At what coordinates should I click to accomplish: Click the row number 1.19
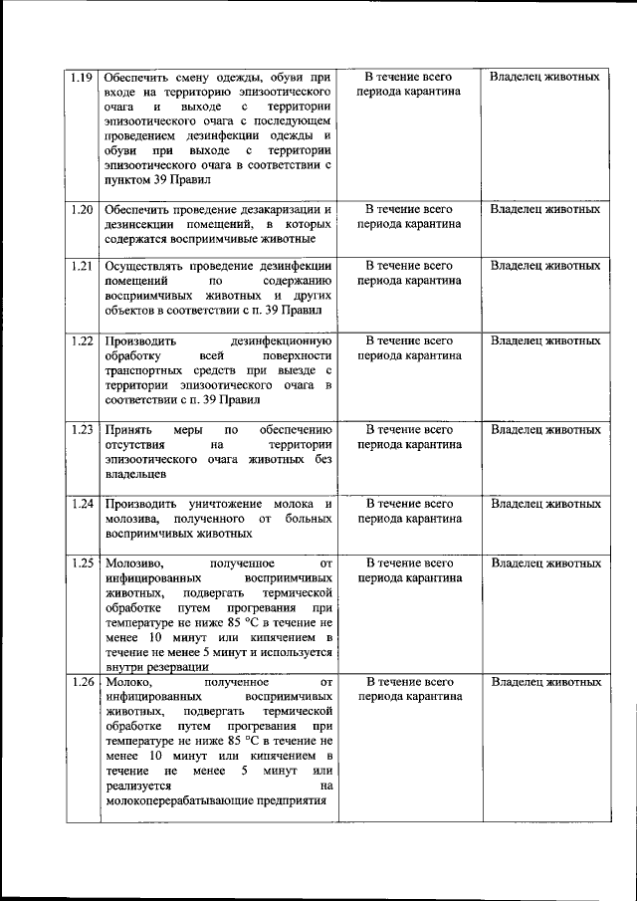(x=83, y=77)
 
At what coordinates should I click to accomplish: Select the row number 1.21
(x=83, y=266)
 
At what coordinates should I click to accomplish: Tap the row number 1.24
(x=83, y=504)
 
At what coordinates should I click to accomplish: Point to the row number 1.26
(x=83, y=683)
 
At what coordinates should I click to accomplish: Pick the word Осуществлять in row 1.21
(x=142, y=266)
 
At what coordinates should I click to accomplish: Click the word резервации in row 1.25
(x=178, y=668)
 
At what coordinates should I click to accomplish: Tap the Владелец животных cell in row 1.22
(x=545, y=340)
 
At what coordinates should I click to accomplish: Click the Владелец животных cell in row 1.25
(x=545, y=563)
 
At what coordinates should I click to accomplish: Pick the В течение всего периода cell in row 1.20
(x=409, y=217)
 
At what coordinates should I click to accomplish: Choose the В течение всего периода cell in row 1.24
(x=409, y=511)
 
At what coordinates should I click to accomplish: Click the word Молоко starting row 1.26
(x=128, y=683)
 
